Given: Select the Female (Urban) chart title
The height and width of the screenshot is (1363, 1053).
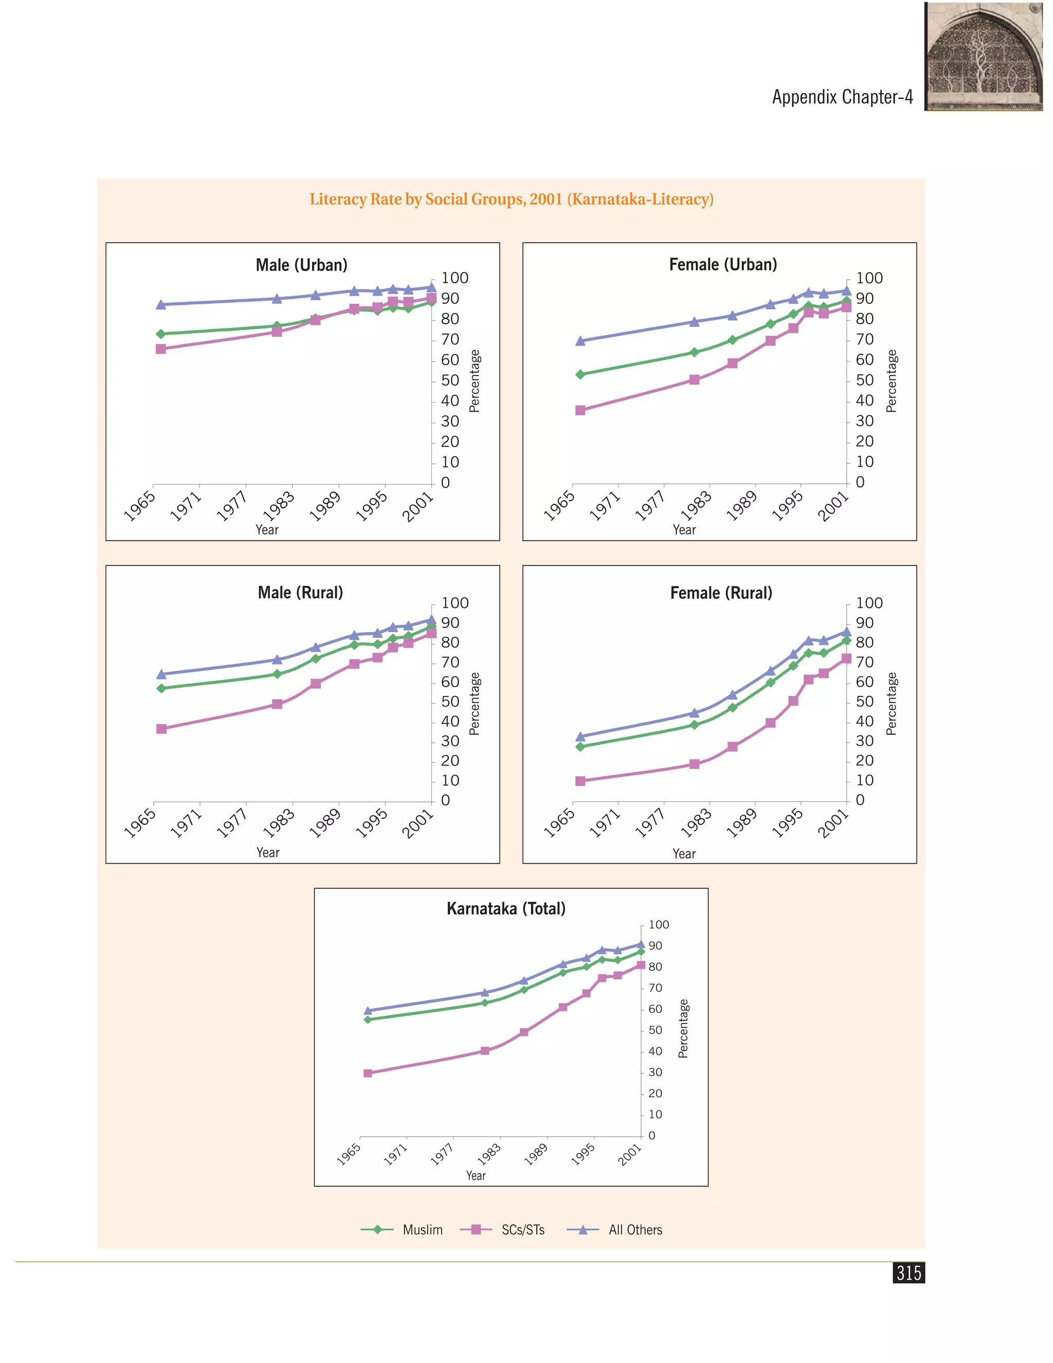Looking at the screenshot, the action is pos(723,264).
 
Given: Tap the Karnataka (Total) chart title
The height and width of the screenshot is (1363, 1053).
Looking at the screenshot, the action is pos(506,909).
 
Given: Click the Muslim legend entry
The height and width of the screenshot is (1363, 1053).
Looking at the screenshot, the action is pos(402,1229).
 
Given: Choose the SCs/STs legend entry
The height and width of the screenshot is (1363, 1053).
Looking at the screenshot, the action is pos(502,1229).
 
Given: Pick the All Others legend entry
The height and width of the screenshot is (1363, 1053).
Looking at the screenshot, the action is pos(614,1229).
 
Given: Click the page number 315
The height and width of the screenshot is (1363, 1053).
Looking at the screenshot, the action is pos(909,1272).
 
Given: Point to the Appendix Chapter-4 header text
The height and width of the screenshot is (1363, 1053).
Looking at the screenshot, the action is pos(842,97).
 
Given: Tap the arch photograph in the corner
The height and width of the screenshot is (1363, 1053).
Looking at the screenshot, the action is pos(984,57).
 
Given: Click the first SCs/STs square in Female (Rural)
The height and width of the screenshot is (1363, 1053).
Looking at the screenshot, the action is pos(580,781).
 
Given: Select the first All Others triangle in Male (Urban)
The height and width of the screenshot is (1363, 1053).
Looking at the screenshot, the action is pos(161,304).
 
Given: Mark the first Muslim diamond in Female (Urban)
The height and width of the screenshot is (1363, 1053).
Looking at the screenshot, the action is pos(580,374).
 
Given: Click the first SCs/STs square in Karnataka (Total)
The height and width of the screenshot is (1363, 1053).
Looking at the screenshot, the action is pos(368,1073).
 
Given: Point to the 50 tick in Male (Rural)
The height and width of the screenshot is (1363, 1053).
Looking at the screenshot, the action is pos(450,702).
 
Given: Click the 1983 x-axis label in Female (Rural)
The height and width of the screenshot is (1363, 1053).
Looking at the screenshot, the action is pos(696,822).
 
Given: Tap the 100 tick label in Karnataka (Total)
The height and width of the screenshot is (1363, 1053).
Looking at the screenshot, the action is pos(659,925).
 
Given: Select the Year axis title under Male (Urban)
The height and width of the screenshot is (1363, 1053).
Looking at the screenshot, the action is pos(267,530).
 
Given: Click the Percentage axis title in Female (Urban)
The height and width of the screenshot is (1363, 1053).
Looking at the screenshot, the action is pos(892,381).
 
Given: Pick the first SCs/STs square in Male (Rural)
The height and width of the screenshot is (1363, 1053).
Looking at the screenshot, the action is pos(161,729).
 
